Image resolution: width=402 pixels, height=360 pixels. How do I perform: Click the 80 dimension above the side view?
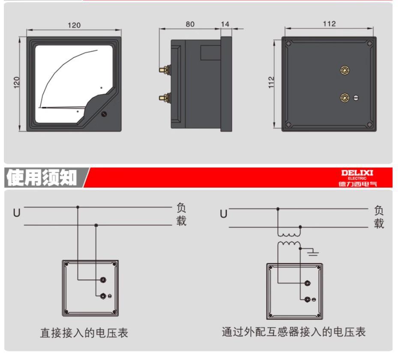190,24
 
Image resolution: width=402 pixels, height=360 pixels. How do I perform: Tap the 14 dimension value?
225,24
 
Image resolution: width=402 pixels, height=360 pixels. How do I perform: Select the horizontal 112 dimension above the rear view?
329,23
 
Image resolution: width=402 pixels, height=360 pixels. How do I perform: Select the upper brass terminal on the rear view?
344,70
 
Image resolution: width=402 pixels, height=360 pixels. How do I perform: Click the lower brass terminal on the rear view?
344,98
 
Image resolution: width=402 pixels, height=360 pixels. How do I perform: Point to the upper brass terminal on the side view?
164,68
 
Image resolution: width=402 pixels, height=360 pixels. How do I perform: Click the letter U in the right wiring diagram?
223,213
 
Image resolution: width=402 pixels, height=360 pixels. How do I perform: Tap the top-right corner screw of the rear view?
369,43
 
